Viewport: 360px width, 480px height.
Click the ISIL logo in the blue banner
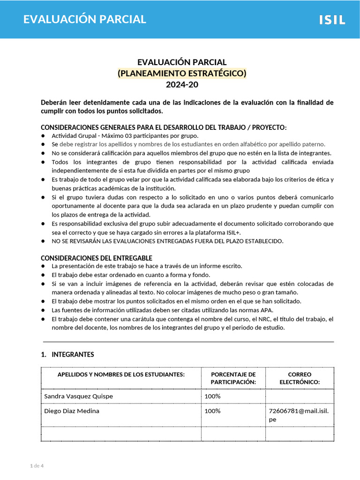coord(332,20)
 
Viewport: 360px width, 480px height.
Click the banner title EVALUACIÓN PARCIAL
coord(85,19)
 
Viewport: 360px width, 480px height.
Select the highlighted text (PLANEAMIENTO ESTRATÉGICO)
coord(182,74)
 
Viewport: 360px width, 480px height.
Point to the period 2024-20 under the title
coord(182,85)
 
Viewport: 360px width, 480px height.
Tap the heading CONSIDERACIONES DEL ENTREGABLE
coord(97,258)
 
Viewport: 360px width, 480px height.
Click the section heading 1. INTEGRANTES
coord(67,354)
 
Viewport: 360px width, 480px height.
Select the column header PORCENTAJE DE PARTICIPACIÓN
coord(233,378)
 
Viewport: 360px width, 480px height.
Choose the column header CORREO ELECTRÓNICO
coord(300,378)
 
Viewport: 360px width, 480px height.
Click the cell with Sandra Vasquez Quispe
coord(78,397)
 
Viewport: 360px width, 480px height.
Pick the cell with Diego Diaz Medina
coord(72,411)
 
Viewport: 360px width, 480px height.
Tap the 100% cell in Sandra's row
coord(212,397)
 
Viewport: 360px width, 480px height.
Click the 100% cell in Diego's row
coord(212,411)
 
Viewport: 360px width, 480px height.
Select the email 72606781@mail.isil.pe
coord(299,415)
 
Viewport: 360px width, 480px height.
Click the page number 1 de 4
coord(37,465)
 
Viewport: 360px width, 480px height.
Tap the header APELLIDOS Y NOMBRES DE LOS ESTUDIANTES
coord(121,375)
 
